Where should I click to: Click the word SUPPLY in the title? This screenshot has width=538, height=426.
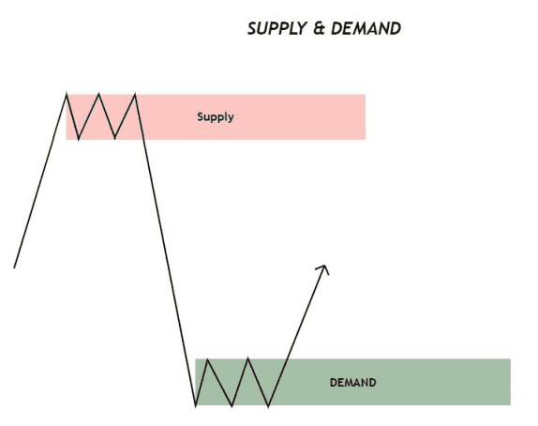(x=276, y=28)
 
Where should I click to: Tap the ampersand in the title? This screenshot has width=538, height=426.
(x=319, y=28)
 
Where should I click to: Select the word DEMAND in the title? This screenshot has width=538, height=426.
(x=366, y=28)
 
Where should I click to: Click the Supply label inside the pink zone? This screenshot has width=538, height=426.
(x=216, y=117)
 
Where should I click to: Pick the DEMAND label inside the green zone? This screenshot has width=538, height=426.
(x=352, y=383)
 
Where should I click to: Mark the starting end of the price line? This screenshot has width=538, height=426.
(x=14, y=267)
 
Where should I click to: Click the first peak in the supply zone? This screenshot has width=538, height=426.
(x=67, y=94)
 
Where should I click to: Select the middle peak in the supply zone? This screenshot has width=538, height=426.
(x=98, y=94)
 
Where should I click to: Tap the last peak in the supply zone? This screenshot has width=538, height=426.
(x=135, y=94)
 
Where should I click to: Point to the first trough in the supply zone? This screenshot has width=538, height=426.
(x=79, y=139)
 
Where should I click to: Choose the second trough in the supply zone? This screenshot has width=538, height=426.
(x=114, y=138)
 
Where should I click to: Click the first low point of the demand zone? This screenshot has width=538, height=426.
(x=196, y=405)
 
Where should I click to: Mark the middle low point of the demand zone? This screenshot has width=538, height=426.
(x=232, y=405)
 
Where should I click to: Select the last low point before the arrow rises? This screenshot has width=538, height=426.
(x=268, y=405)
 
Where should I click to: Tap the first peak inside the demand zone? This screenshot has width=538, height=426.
(x=207, y=359)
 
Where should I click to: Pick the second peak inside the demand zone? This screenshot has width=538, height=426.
(x=248, y=358)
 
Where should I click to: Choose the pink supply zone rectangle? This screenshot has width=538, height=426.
(x=216, y=117)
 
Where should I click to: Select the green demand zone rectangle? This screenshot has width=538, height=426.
(x=352, y=382)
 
